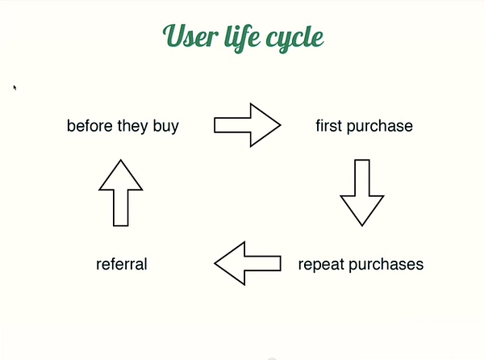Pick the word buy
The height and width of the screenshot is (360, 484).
pos(165,126)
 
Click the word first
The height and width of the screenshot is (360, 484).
pos(328,126)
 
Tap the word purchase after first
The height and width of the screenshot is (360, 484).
pos(380,127)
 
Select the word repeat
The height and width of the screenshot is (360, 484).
pos(321,265)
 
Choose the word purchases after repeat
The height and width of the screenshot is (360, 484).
pos(386,265)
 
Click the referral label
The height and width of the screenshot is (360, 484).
pos(122,264)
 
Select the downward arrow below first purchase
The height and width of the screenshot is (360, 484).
pos(362,193)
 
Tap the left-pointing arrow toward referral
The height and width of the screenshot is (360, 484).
pos(248,263)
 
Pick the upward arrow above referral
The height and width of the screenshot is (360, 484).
pos(121,193)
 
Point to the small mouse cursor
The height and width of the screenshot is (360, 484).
pos(15,88)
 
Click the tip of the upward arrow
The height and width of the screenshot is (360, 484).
pos(121,160)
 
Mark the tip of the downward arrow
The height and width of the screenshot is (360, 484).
pos(362,226)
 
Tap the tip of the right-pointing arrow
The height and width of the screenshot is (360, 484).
pos(281,125)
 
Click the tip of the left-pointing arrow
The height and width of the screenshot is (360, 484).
pos(215,263)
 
